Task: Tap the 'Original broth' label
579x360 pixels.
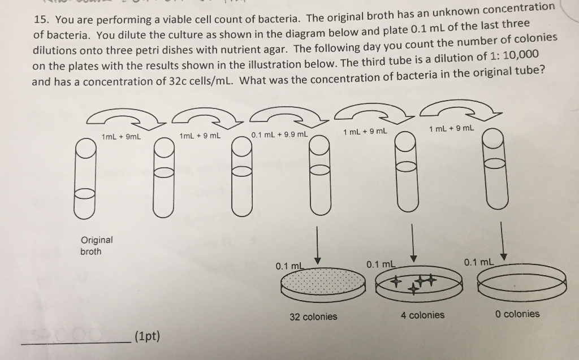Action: click(96, 245)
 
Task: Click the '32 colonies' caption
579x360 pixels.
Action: click(313, 316)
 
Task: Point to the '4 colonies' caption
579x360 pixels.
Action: click(422, 315)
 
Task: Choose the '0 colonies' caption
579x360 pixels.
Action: click(517, 314)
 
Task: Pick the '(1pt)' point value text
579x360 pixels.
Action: click(147, 337)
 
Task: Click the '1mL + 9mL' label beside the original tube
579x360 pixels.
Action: click(120, 136)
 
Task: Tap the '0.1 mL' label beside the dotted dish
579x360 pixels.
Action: click(290, 265)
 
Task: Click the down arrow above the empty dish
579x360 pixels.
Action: click(503, 240)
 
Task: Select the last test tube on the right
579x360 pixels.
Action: click(494, 170)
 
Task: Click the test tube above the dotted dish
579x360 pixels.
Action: click(319, 175)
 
